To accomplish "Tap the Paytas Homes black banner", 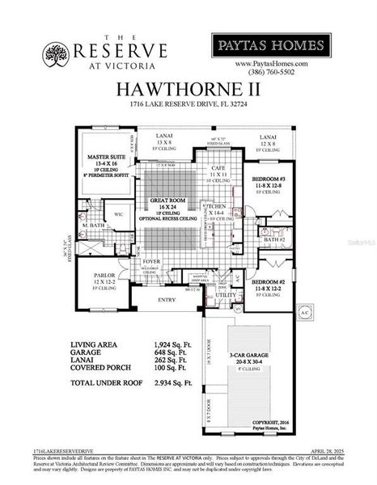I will click(x=271, y=44).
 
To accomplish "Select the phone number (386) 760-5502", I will click(x=271, y=71).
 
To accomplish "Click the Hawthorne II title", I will click(x=188, y=88).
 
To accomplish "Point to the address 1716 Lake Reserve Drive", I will click(x=188, y=104).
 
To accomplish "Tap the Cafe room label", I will click(x=218, y=167).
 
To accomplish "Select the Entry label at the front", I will click(x=166, y=300).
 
